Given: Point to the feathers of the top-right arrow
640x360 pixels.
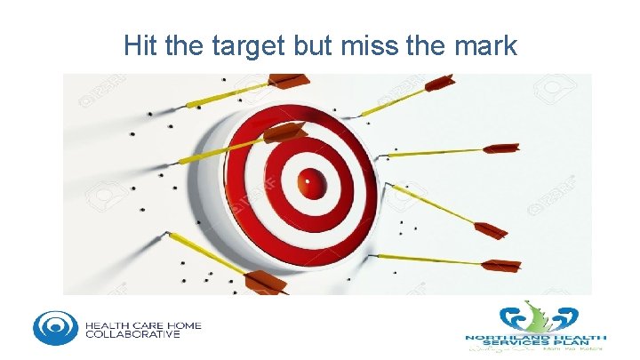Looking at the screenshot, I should point(439,84).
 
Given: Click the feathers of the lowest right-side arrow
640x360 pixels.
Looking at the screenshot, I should point(502,265).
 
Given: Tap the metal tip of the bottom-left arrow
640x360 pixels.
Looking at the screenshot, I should point(166,235).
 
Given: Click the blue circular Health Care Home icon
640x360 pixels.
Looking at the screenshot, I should point(55,326).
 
